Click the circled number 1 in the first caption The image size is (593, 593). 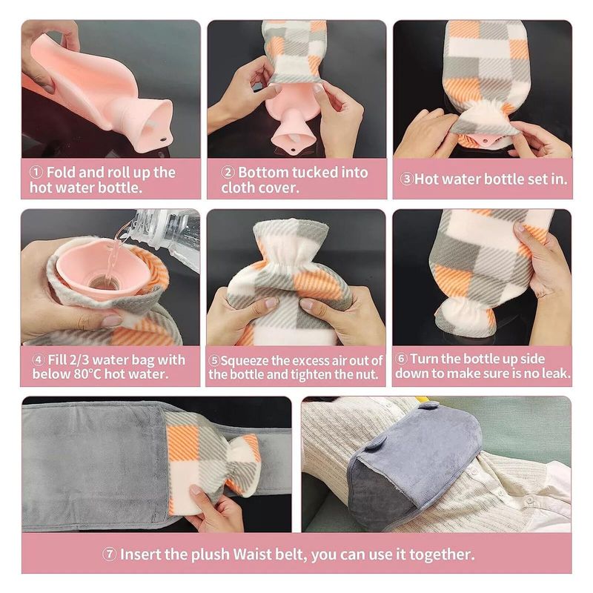36,173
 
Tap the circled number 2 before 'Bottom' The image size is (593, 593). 228,173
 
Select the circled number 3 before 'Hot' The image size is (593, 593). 406,179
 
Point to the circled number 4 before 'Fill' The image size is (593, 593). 39,360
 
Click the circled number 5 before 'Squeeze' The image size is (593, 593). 214,360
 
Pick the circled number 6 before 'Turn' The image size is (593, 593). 401,359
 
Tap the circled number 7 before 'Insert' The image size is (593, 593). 109,554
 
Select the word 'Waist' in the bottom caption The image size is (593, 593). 251,554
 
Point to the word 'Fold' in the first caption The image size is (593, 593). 62,173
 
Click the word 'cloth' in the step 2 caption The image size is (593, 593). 236,188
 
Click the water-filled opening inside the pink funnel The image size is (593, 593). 102,282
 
